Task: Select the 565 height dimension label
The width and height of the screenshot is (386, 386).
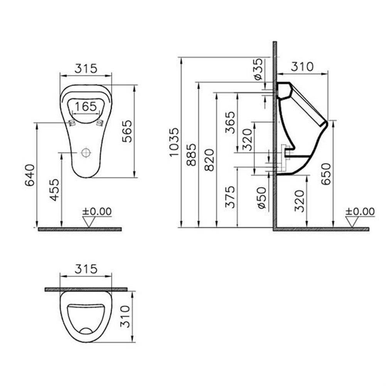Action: [x=127, y=131]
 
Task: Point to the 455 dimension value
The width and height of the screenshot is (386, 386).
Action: [x=55, y=190]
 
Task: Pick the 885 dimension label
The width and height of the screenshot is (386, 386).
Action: [x=191, y=154]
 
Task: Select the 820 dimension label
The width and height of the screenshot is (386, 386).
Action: [x=209, y=160]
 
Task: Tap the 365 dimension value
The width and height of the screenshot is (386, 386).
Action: [x=230, y=123]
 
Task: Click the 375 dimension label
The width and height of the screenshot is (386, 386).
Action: [x=230, y=197]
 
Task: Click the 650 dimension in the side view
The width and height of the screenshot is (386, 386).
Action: [x=326, y=174]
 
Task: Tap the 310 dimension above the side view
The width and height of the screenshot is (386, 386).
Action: [x=302, y=67]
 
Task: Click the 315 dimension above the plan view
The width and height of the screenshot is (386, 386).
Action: [x=86, y=269]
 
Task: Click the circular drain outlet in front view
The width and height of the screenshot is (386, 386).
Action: [x=86, y=153]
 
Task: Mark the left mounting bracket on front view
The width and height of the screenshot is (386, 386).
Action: [x=71, y=123]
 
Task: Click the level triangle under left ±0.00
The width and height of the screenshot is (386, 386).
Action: [x=89, y=221]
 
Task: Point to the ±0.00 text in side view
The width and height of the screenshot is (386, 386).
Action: [x=360, y=211]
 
